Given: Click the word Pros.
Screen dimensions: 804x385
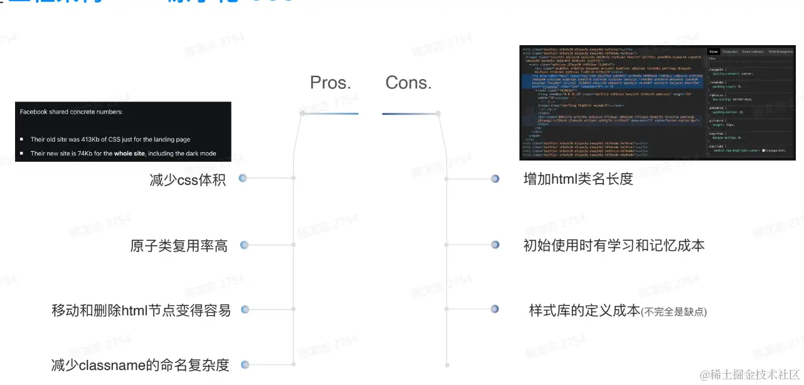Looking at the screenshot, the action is pyautogui.click(x=330, y=83).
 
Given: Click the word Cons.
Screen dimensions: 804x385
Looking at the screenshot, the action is pyautogui.click(x=409, y=83).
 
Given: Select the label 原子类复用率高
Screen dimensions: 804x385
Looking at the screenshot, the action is pyautogui.click(x=179, y=246).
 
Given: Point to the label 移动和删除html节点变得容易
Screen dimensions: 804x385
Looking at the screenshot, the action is pyautogui.click(x=141, y=310).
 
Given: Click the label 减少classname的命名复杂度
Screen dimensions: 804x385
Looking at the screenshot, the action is pyautogui.click(x=140, y=365).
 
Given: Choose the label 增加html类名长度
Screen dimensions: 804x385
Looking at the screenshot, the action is pyautogui.click(x=578, y=179).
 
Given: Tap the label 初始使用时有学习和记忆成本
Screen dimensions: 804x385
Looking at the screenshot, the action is pyautogui.click(x=614, y=245).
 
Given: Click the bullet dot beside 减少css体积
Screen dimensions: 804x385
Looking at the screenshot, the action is pyautogui.click(x=243, y=179).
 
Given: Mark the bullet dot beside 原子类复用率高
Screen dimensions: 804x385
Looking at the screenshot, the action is pyautogui.click(x=244, y=245).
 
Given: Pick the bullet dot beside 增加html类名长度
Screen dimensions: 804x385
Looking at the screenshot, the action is pyautogui.click(x=495, y=179).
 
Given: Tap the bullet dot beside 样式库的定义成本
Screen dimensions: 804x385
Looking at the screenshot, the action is pyautogui.click(x=495, y=309).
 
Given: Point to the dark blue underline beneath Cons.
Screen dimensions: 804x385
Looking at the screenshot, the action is pyautogui.click(x=409, y=113).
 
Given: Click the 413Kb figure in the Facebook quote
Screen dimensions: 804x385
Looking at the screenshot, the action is pyautogui.click(x=93, y=139).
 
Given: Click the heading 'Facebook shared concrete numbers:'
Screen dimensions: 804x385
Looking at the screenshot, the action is pyautogui.click(x=72, y=112).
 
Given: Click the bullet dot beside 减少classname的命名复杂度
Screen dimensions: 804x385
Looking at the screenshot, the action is pyautogui.click(x=245, y=365).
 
